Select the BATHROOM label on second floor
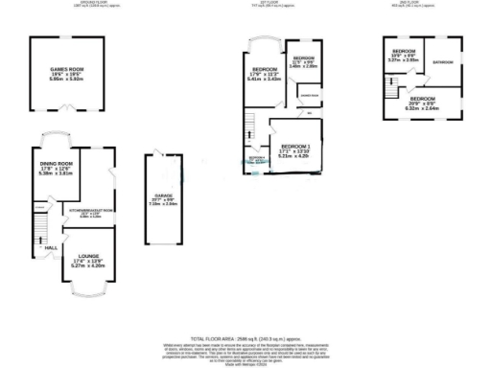tap(442, 62)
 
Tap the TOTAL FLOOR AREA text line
tap(245, 339)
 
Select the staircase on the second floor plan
tap(393, 89)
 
